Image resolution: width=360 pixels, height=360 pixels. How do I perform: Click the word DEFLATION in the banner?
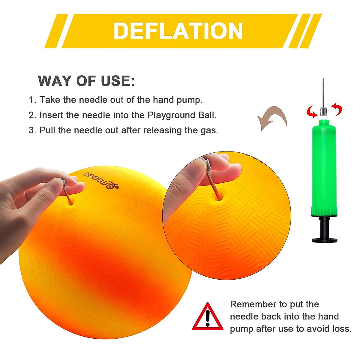click(178, 31)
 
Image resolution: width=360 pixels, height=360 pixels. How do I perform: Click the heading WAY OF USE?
click(86, 81)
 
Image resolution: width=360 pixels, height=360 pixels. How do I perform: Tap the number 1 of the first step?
click(31, 100)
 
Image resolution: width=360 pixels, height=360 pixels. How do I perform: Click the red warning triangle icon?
click(208, 317)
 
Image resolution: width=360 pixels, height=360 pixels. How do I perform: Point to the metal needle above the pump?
click(323, 93)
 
